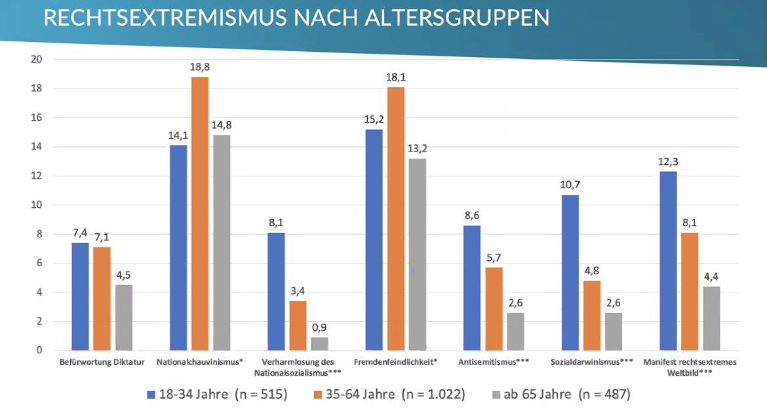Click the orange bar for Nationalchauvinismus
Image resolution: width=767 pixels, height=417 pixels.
(200, 214)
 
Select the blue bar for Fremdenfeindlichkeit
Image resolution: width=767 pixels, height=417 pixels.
(374, 240)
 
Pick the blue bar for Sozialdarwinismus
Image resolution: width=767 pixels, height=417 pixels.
(570, 273)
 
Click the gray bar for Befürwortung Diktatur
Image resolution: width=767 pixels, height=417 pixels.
(124, 317)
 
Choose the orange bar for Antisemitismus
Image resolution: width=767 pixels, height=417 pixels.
(494, 309)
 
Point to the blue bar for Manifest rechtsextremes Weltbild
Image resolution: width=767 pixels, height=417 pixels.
(668, 261)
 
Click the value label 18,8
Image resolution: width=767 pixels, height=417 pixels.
(200, 67)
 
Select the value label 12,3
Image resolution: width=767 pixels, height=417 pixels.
(668, 161)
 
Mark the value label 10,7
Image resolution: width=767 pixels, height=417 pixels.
(570, 185)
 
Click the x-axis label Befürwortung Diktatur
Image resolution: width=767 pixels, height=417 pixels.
(102, 361)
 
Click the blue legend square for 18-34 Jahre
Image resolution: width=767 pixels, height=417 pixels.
(151, 394)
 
